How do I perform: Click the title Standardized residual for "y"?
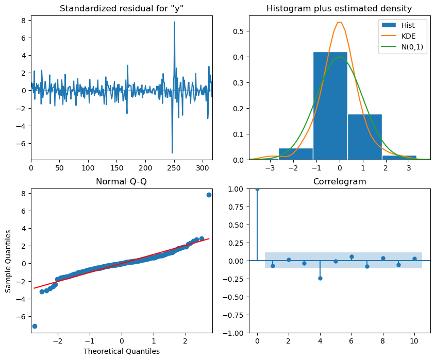(x=121, y=8)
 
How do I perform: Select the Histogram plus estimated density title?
(x=340, y=8)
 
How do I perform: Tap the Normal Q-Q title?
(x=121, y=181)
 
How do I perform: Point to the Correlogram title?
(x=340, y=181)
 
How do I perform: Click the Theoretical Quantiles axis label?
(x=121, y=351)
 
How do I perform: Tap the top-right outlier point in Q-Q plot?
(x=209, y=195)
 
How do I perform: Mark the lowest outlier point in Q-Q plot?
(x=35, y=326)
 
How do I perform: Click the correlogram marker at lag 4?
(x=320, y=278)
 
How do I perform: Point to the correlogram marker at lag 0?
(x=257, y=188)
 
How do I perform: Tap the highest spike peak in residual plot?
(x=174, y=22)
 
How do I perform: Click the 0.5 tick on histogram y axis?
(x=239, y=30)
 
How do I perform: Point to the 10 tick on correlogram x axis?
(x=414, y=341)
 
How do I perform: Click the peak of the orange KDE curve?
(x=340, y=22)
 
